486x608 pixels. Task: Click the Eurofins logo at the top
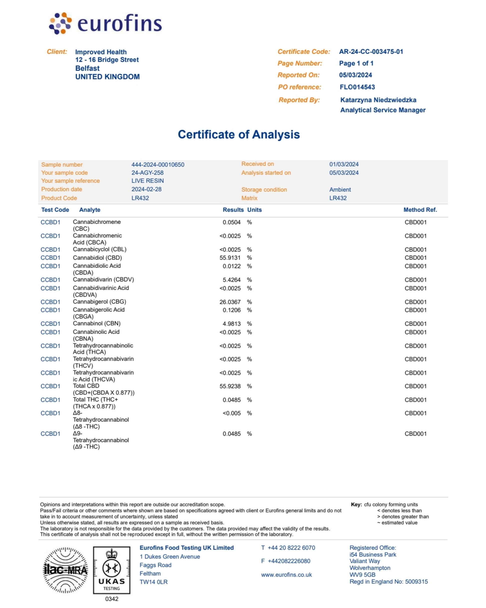(105, 23)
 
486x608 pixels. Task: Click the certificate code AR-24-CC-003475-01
(371, 52)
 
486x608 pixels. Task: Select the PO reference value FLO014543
(357, 87)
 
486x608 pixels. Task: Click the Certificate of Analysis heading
(239, 134)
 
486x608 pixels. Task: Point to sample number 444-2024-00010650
(158, 164)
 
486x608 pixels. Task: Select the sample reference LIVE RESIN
(147, 181)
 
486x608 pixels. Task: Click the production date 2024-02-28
(146, 189)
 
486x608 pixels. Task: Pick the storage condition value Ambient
(340, 189)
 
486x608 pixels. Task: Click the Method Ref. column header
(420, 210)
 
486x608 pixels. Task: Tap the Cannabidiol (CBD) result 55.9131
(230, 258)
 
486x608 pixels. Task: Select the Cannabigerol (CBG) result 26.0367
(230, 302)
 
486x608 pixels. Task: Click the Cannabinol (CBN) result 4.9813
(232, 324)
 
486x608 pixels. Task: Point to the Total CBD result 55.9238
(230, 386)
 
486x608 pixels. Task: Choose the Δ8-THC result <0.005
(232, 413)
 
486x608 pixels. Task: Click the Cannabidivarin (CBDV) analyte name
(103, 279)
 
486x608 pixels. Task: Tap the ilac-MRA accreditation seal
(65, 570)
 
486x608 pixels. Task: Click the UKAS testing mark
(112, 570)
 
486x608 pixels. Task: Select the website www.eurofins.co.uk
(286, 575)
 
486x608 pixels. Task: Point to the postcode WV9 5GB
(362, 575)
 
